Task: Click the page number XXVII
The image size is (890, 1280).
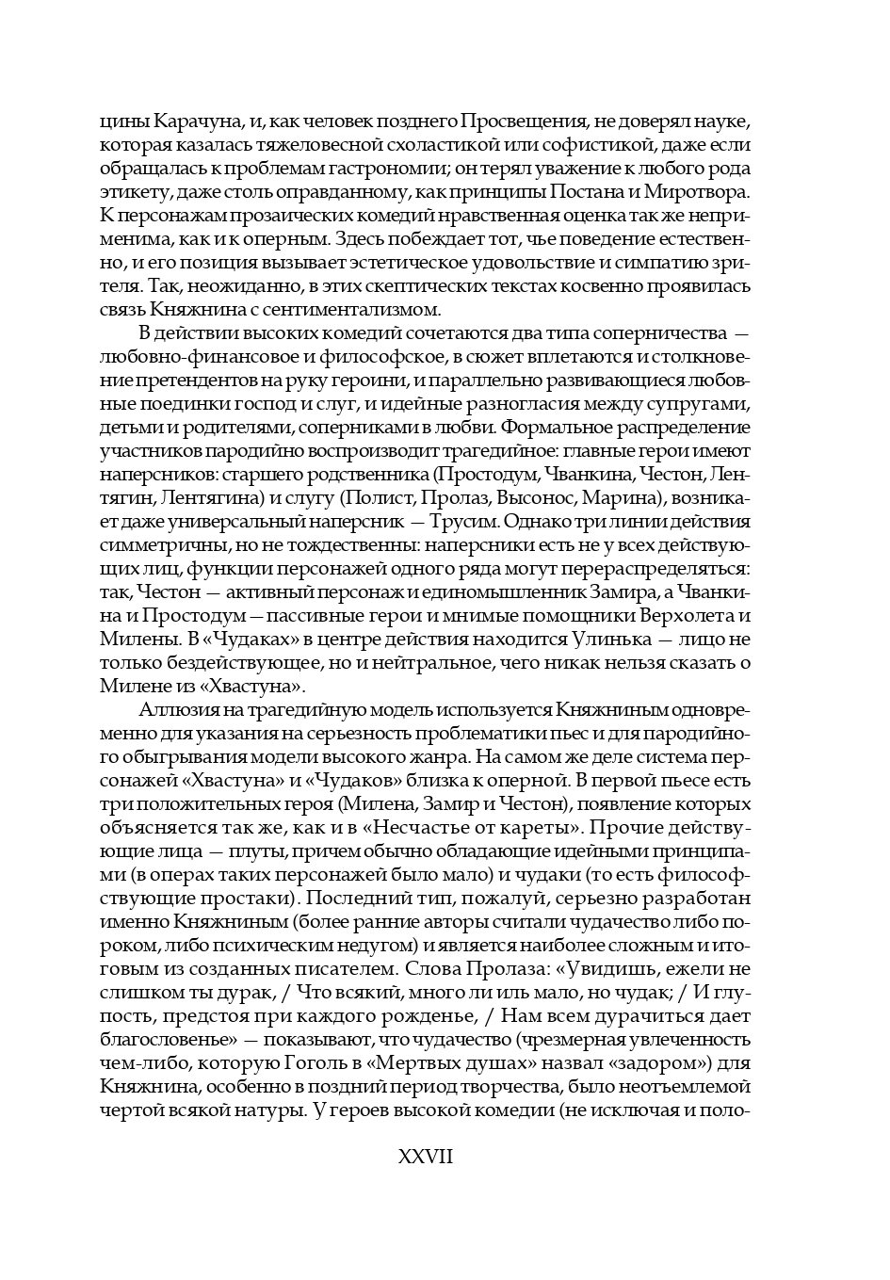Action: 427,1157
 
